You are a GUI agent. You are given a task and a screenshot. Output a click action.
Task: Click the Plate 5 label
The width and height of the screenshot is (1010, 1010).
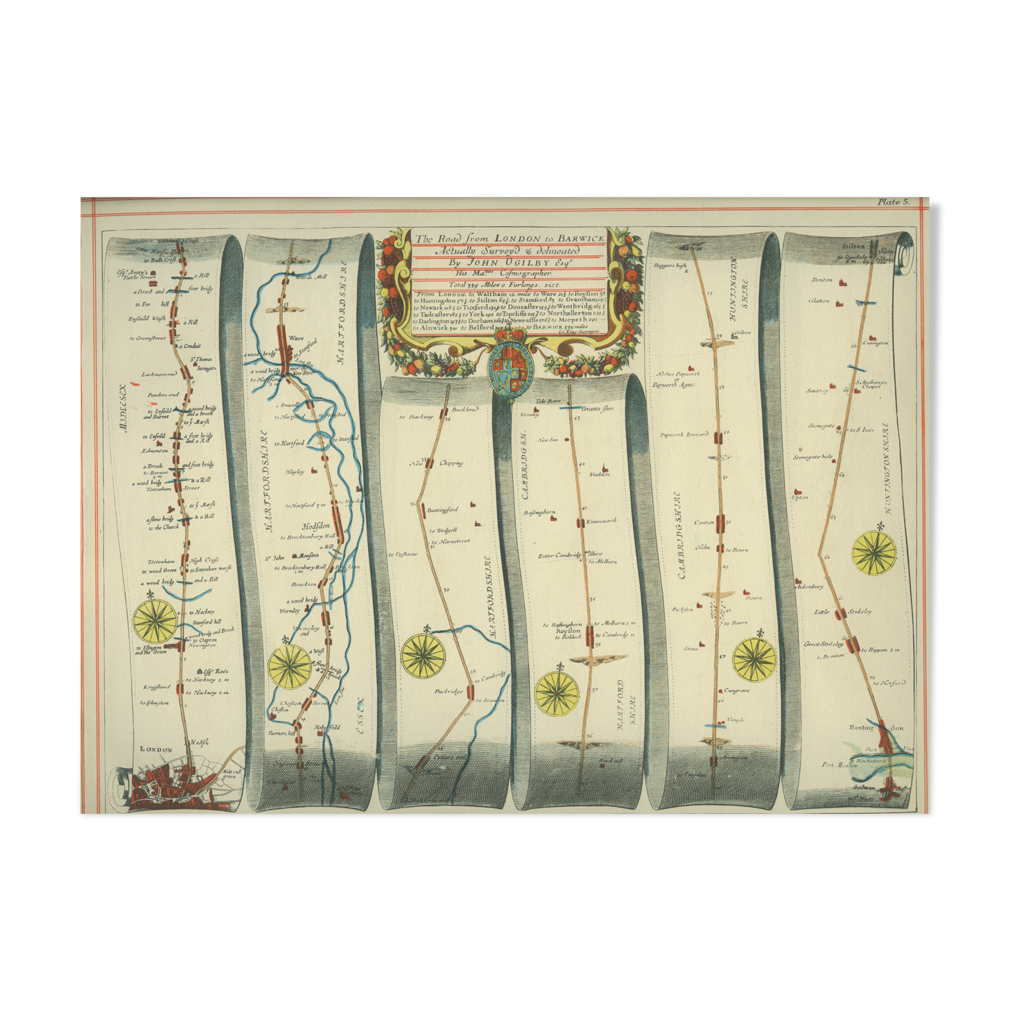pos(893,202)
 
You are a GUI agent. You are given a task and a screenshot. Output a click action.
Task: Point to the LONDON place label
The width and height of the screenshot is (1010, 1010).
pos(156,749)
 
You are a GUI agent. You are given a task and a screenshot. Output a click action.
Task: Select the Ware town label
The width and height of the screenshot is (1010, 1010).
pos(296,338)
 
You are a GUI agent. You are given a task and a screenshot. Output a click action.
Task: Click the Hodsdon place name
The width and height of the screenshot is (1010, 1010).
pos(315,526)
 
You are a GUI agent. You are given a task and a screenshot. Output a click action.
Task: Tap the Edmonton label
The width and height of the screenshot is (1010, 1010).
pos(156,451)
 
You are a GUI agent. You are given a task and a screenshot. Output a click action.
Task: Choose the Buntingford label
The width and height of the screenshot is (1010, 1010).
pos(442,510)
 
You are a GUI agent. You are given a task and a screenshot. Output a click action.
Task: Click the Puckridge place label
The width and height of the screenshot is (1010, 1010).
pos(448,691)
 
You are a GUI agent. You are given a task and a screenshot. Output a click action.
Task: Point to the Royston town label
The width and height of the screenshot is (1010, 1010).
pos(568,631)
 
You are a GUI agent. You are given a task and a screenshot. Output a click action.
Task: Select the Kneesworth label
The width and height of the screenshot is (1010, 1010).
pos(601,521)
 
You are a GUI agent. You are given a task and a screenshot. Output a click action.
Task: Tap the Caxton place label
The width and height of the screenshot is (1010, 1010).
pos(704,522)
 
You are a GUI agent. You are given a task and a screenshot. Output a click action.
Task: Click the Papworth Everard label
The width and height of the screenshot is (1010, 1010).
pos(684,435)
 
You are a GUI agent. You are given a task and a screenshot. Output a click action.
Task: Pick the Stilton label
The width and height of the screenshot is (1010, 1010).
pos(853,246)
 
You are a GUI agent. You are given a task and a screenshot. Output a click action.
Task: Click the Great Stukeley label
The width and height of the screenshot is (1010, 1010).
pos(824,644)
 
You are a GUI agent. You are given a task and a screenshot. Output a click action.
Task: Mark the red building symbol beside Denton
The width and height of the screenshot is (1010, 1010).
pos(843,283)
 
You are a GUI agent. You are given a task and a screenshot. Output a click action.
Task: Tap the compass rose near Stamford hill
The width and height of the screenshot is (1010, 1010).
pos(155,621)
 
